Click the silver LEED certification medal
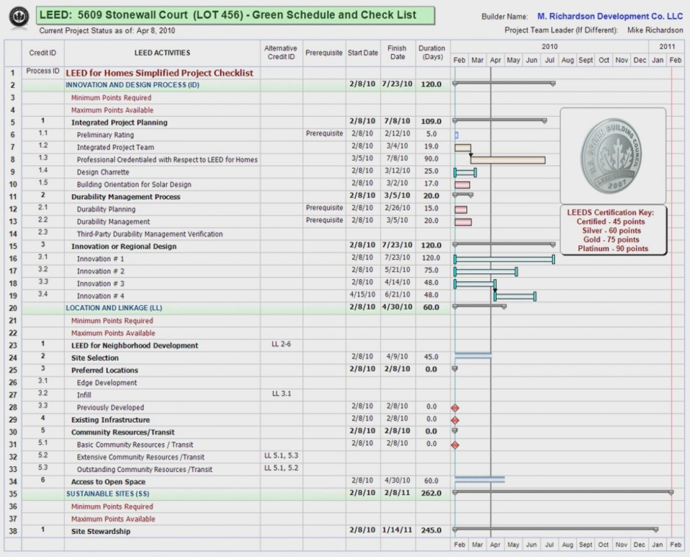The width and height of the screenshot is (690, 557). click(x=613, y=156)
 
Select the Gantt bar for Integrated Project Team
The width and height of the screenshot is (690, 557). click(x=463, y=148)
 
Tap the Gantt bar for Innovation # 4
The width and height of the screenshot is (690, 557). click(x=515, y=296)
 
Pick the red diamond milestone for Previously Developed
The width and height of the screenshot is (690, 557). click(x=455, y=408)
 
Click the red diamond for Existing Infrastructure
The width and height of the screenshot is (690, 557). click(x=455, y=420)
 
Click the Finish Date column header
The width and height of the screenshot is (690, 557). click(x=397, y=53)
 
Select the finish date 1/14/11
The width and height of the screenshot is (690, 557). click(x=397, y=531)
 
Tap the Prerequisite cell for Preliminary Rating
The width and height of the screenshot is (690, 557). click(x=324, y=134)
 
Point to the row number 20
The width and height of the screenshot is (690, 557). click(x=13, y=308)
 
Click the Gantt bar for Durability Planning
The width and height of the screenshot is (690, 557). click(x=461, y=210)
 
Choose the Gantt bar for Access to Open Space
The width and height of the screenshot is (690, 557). click(x=480, y=479)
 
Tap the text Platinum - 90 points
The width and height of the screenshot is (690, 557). click(x=613, y=249)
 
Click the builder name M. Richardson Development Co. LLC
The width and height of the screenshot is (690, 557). click(x=610, y=17)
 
